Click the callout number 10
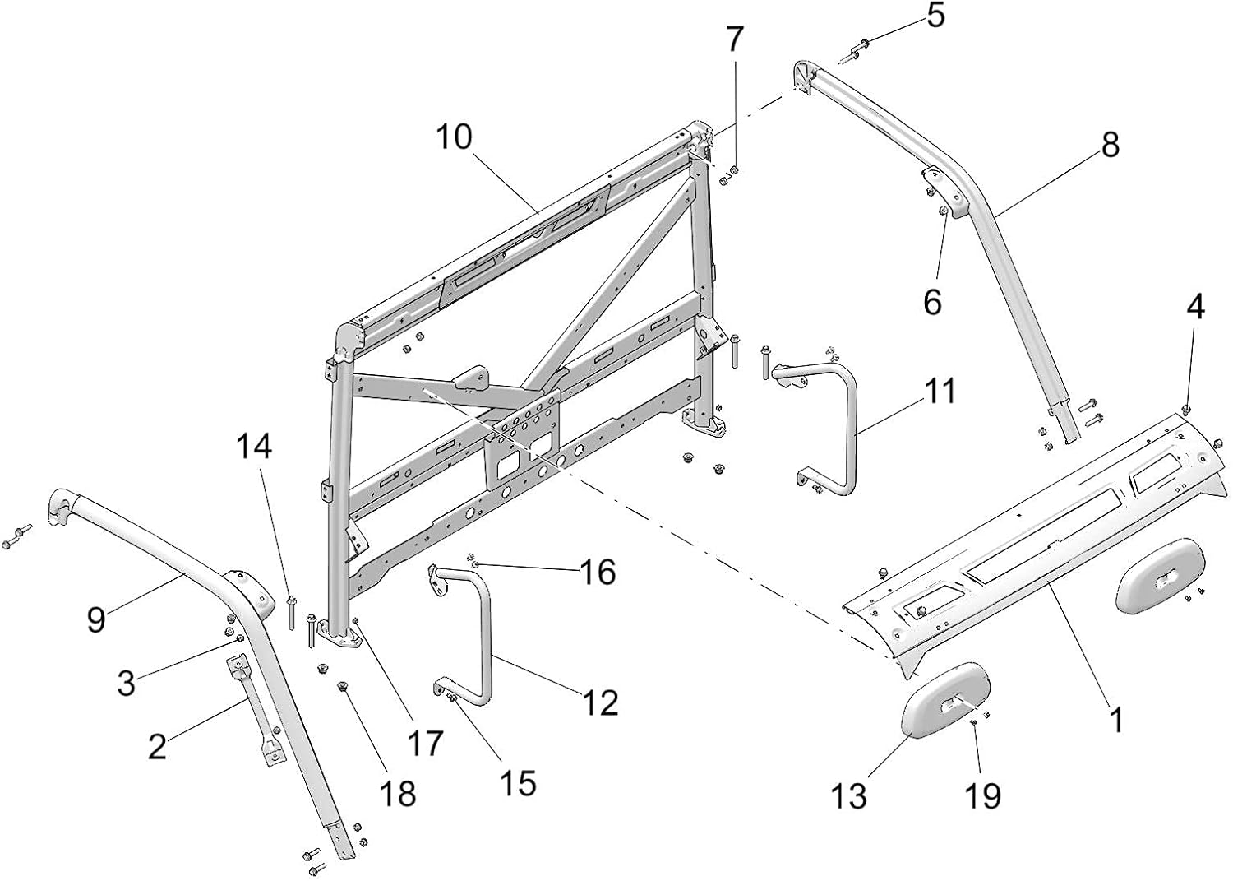tap(454, 137)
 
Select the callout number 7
tap(734, 39)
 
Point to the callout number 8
tap(1110, 145)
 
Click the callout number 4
tap(1195, 307)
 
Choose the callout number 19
tap(982, 795)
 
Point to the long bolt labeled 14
tap(290, 612)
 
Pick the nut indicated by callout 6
tap(944, 211)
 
